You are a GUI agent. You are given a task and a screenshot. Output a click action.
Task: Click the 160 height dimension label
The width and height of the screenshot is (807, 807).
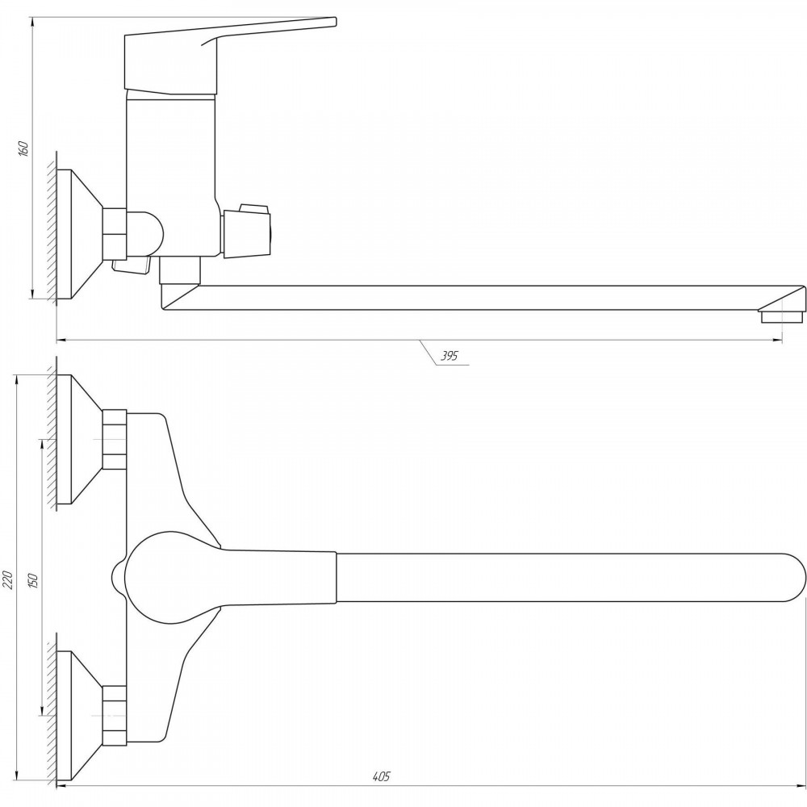click(x=23, y=148)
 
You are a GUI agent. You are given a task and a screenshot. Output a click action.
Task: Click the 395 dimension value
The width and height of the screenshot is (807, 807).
click(x=449, y=355)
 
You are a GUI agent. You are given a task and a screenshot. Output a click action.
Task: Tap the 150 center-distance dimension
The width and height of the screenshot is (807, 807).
click(x=33, y=580)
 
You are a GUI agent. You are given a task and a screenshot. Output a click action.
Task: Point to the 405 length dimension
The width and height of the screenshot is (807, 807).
click(x=382, y=776)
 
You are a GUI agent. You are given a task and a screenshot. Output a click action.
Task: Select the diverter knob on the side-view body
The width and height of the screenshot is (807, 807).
click(x=246, y=231)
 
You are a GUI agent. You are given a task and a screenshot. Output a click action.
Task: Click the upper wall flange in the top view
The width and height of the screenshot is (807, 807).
click(x=79, y=439)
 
